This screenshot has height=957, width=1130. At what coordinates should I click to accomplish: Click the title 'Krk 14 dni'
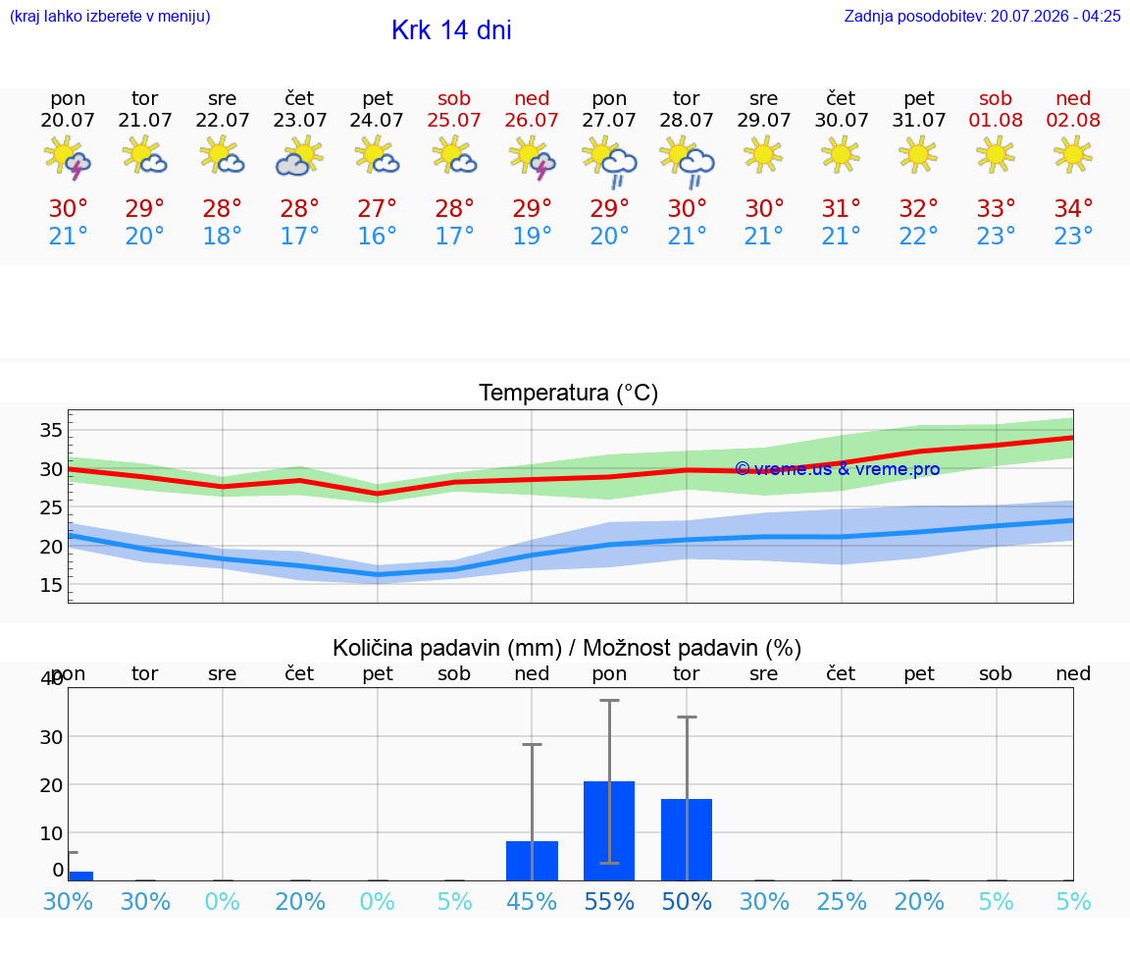click(451, 30)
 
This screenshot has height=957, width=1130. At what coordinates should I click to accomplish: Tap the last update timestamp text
click(982, 16)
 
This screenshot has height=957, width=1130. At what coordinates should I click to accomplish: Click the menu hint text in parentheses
click(110, 16)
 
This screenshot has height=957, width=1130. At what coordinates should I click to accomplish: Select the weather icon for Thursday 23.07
click(299, 157)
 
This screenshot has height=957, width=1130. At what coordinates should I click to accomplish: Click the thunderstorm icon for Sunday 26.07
click(532, 157)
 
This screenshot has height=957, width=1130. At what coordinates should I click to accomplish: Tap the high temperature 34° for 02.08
click(1073, 208)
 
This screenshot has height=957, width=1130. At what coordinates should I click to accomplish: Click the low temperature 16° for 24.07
click(377, 236)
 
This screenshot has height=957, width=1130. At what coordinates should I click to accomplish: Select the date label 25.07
click(454, 120)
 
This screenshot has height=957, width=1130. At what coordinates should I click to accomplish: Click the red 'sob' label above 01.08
click(996, 98)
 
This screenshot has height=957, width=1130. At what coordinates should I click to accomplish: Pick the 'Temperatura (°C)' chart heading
click(569, 393)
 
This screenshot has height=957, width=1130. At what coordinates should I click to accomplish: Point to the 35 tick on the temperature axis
click(51, 431)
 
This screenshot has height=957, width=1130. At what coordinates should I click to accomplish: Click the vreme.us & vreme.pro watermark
click(838, 469)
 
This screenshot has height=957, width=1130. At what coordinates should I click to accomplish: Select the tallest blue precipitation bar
click(609, 830)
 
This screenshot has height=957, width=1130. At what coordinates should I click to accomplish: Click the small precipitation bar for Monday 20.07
click(80, 877)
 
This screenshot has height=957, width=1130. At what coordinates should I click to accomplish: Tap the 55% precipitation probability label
click(609, 901)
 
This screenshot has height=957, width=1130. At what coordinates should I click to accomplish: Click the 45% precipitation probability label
click(532, 901)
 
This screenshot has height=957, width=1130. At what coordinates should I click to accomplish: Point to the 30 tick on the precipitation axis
click(51, 737)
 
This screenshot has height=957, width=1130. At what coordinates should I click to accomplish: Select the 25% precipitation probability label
click(842, 901)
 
